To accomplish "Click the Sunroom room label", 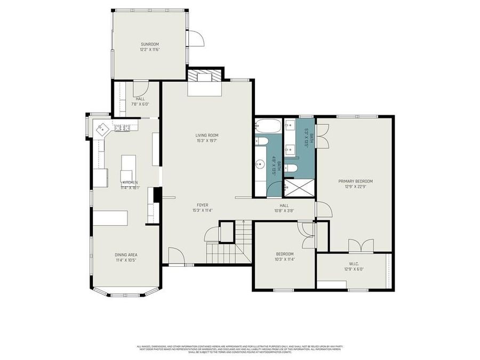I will click(x=150, y=44).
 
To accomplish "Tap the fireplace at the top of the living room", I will click(x=204, y=78).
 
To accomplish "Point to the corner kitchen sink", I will click(x=102, y=129).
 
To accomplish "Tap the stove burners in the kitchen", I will click(x=122, y=127).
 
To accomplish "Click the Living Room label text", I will click(x=206, y=135).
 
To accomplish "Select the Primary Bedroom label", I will click(x=355, y=181).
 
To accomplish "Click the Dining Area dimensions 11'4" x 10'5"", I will click(x=125, y=261).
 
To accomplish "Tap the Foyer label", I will click(x=202, y=205).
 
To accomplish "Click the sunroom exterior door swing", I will click(x=195, y=38).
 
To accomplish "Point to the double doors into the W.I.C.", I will click(x=361, y=245).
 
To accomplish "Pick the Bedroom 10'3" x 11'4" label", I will click(x=285, y=257).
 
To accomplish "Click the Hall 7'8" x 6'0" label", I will click(x=140, y=101).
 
